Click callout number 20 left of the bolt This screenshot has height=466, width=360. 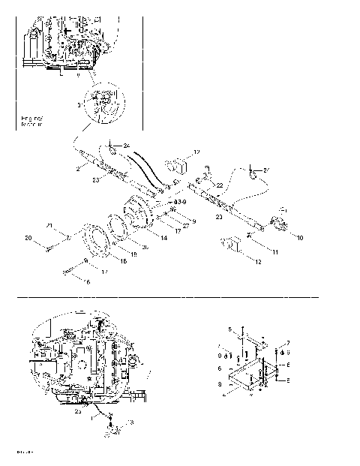click(28, 239)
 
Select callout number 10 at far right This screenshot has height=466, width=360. click(299, 239)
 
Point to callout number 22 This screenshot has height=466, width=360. click(219, 185)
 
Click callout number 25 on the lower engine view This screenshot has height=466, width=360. click(79, 411)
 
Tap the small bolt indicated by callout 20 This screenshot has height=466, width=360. click(52, 245)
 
